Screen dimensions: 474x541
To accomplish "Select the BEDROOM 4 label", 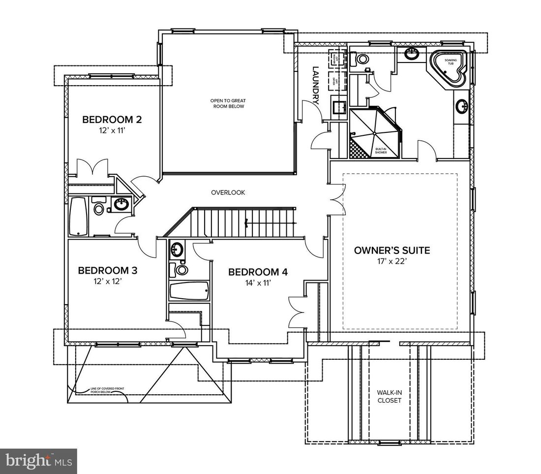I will tap(258, 272).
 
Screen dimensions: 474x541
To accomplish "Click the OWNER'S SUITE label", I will tap(392, 251).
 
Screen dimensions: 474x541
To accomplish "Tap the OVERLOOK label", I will tap(228, 192).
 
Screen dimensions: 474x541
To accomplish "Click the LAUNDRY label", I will tap(316, 86).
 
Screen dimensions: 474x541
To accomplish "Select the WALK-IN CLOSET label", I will tap(389, 396).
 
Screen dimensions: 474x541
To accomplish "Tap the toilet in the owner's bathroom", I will tap(361, 59).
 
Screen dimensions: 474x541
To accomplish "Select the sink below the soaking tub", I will tap(462, 105).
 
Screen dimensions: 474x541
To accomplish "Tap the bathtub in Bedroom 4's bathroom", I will tap(189, 290).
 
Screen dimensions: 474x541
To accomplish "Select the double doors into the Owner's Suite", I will tap(338, 199).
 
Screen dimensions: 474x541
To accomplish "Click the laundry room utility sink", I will tap(338, 106).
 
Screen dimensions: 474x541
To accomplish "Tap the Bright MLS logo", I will tap(37, 461).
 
